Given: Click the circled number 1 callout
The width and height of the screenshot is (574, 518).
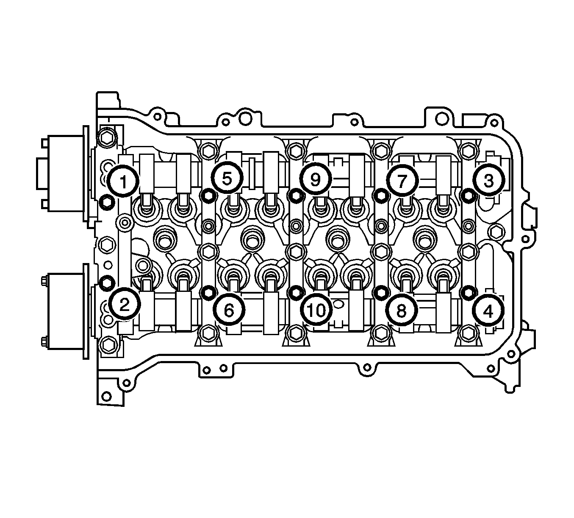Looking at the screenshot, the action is click(x=123, y=181).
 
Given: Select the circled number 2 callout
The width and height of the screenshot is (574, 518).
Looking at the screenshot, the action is click(x=125, y=304).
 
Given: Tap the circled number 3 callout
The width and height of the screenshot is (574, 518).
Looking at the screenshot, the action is click(x=488, y=180).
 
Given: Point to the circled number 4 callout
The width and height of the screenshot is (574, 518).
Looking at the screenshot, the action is click(x=488, y=311).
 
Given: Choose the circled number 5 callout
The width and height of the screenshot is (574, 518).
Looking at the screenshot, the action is click(x=227, y=178).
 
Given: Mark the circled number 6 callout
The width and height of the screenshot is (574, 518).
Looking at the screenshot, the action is click(x=229, y=309).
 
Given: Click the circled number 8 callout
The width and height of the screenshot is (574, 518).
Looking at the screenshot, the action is click(x=402, y=310).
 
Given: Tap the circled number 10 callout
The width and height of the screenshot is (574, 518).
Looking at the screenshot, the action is click(x=316, y=310).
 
